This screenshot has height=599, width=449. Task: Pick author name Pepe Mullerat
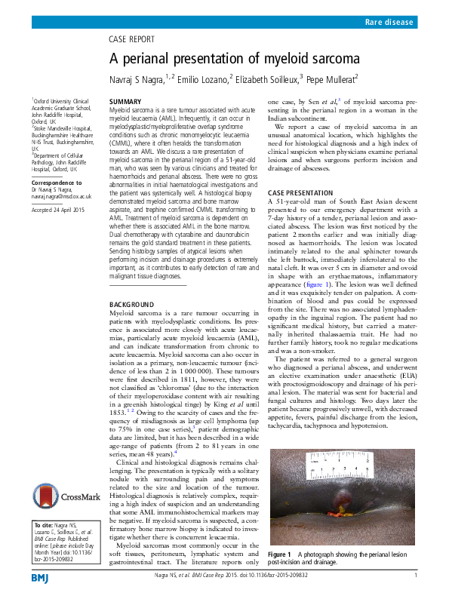[x=333, y=78]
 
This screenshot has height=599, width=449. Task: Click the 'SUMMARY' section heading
[x=125, y=101]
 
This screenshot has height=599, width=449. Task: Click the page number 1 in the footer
[x=416, y=576]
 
